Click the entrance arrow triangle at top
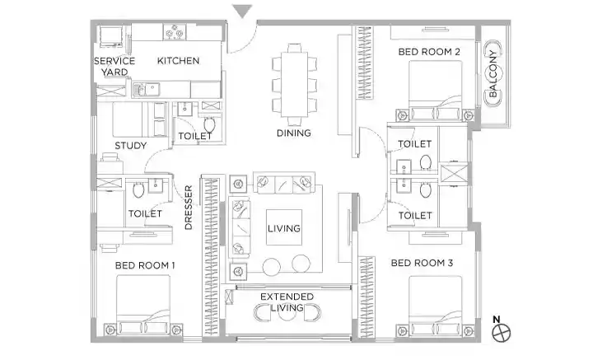coord(242,11)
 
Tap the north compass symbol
coord(501,333)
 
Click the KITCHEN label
coord(178,60)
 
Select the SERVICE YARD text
coord(114,66)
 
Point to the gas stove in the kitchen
coord(175,32)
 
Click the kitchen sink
coord(147,90)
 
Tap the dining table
coord(294,84)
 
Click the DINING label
coord(294,133)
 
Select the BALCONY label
coord(493,74)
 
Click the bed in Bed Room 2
coord(436,90)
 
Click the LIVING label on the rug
coord(284,228)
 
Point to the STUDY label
coord(130,146)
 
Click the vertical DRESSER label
coord(189,208)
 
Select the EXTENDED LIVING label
coord(287,302)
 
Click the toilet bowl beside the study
coord(209,124)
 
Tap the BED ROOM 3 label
coord(422,263)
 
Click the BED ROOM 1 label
coord(145,265)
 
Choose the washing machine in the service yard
coord(111,36)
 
